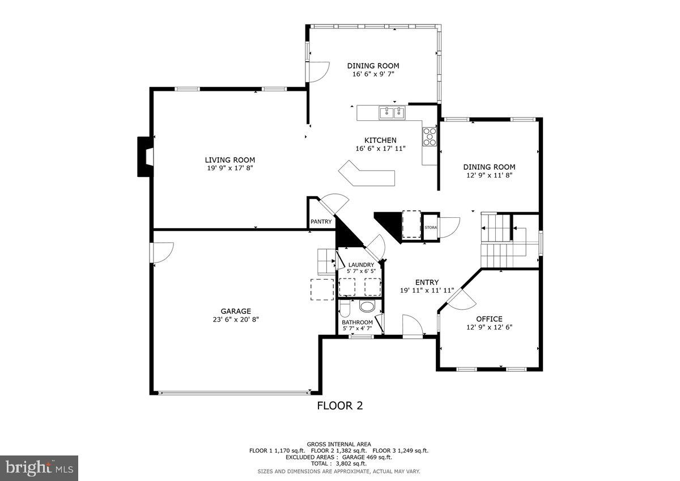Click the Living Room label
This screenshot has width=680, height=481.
[x=229, y=160]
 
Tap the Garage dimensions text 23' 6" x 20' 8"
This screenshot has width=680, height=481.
[x=236, y=319]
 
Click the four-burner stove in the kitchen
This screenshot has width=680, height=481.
[x=430, y=136]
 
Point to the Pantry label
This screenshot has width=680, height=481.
[x=321, y=222]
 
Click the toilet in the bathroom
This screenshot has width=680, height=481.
[x=345, y=310]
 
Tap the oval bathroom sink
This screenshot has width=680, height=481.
[x=367, y=307]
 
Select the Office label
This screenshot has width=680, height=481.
[x=488, y=319]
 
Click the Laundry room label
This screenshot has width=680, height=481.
[x=361, y=265]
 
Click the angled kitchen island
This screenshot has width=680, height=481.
[x=365, y=174]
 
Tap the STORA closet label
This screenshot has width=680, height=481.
[x=431, y=227]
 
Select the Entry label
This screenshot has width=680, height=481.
[x=427, y=282]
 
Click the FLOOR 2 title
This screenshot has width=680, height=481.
[x=339, y=406]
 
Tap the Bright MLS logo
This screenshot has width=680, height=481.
[x=39, y=468]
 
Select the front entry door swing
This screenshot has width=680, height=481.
[x=412, y=326]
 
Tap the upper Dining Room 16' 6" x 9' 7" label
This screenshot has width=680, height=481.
[x=373, y=66]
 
